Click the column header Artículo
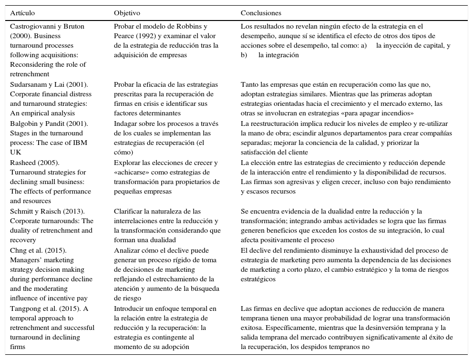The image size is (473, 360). (x=22, y=13)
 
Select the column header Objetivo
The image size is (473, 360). (x=127, y=13)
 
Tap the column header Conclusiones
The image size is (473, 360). (x=261, y=13)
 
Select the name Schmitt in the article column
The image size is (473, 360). (x=22, y=211)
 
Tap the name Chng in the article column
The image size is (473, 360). (x=19, y=250)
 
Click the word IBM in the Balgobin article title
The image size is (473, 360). (x=82, y=143)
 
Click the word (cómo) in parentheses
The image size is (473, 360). (x=124, y=152)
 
